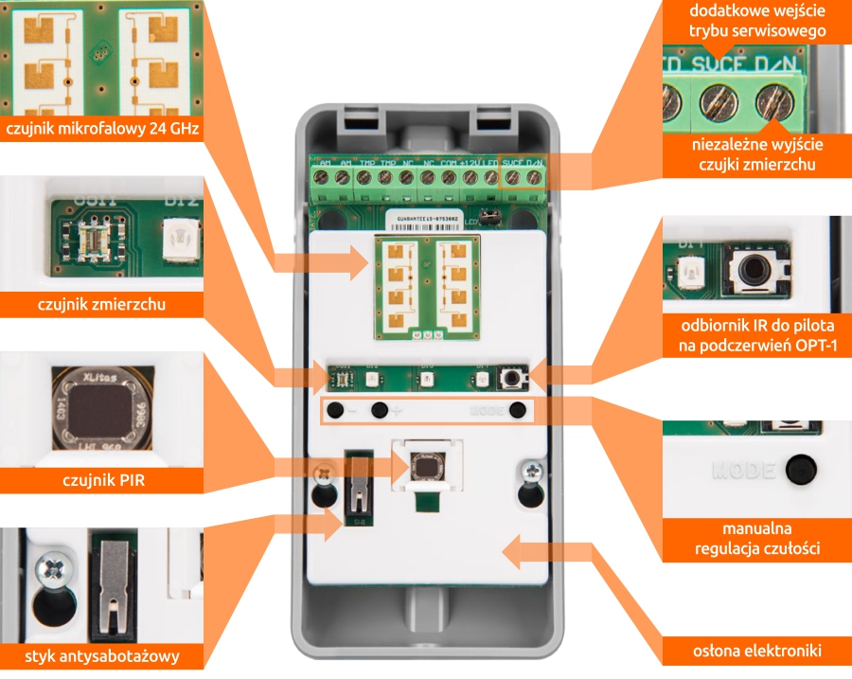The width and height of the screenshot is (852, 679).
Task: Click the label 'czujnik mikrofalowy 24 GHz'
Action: click(x=102, y=129)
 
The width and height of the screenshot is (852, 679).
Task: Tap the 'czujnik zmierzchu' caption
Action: click(x=102, y=305)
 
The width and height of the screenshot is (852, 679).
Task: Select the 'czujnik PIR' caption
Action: click(x=102, y=481)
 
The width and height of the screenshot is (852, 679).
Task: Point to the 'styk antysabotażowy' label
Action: click(x=102, y=656)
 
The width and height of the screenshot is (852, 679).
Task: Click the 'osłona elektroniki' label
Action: click(x=754, y=651)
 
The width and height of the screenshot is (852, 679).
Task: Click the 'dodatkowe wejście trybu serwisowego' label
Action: click(x=756, y=22)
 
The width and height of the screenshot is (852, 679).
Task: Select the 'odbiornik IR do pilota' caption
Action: click(x=754, y=336)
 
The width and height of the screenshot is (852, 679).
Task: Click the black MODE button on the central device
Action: click(x=517, y=412)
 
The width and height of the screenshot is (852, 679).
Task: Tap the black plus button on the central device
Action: click(x=381, y=411)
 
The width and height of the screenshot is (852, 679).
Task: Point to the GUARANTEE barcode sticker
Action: click(x=426, y=217)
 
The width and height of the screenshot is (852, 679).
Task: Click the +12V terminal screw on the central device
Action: click(x=470, y=177)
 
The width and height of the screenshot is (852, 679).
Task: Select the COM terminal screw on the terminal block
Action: click(x=449, y=177)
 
